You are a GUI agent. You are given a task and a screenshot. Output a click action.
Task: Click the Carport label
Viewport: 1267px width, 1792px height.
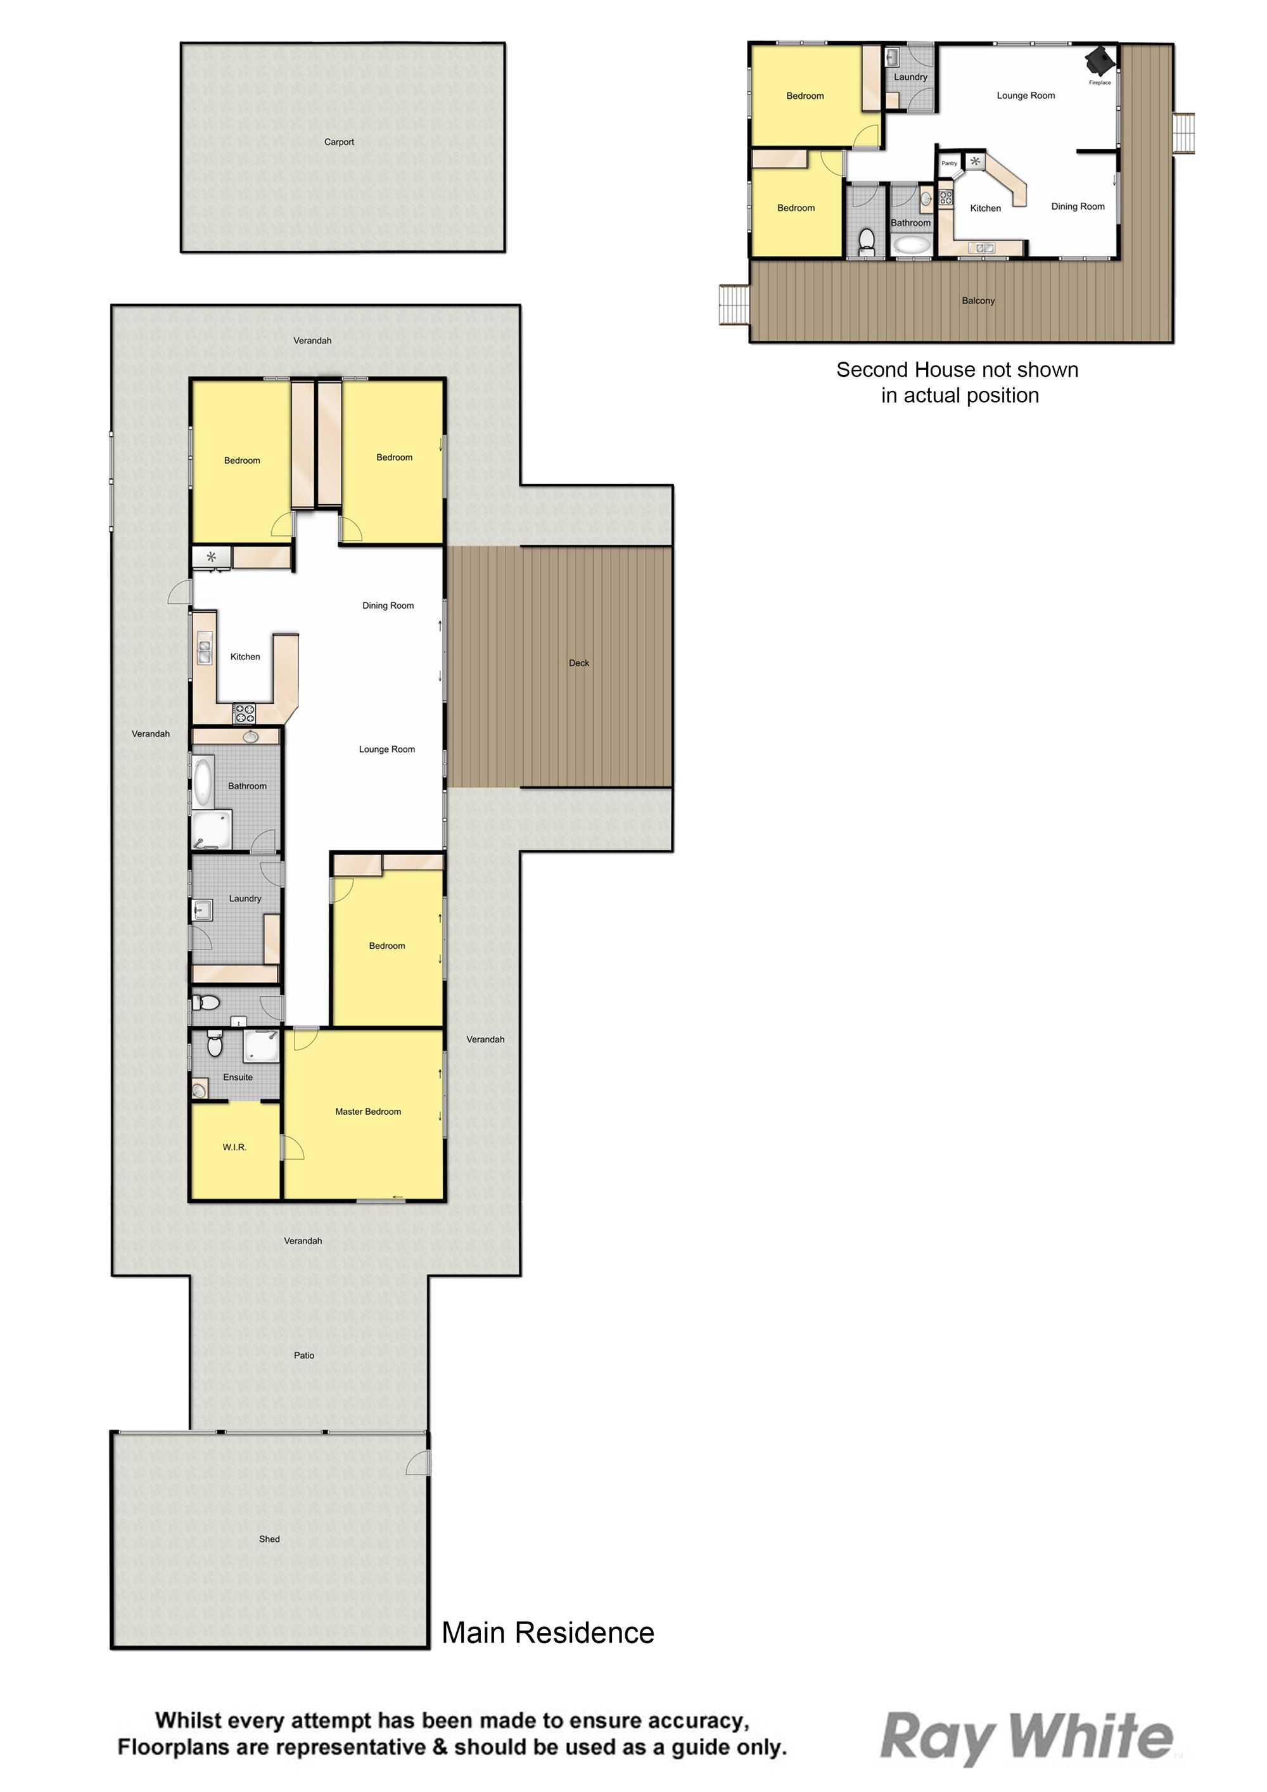coord(339,142)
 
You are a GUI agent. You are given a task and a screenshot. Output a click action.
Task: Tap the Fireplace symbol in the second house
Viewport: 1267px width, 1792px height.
coord(1102,58)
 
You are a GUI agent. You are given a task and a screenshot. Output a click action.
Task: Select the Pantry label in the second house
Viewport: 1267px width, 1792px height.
coord(949,163)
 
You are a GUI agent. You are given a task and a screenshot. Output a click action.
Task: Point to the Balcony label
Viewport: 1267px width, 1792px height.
coord(978,300)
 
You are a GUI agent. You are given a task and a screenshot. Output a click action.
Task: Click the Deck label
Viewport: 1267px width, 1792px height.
coord(579,663)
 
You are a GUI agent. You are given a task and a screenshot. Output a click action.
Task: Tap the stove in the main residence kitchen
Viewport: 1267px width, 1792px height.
coord(245,713)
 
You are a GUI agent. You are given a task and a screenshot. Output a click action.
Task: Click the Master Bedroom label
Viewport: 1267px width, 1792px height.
coord(369,1112)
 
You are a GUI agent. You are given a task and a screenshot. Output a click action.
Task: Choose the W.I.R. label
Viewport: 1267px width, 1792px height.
coord(234,1147)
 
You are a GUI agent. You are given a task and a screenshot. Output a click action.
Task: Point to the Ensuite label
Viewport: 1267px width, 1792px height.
coord(238,1077)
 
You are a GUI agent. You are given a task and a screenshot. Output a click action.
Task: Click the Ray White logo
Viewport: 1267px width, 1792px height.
coord(1026,1738)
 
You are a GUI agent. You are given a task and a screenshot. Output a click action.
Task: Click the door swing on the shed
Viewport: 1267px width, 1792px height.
coord(419,1463)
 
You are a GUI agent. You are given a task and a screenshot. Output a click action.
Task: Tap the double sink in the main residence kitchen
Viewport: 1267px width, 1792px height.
coord(205,652)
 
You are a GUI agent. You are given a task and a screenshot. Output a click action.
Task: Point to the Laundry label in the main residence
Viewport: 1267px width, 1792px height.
coord(245,898)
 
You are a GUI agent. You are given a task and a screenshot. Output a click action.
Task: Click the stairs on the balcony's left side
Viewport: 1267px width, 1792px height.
coord(734,305)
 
